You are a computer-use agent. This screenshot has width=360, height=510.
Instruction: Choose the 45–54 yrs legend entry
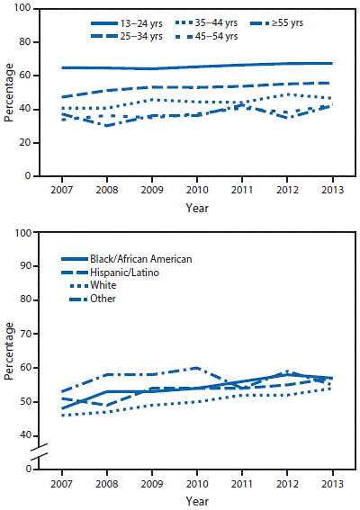tap(197, 34)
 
